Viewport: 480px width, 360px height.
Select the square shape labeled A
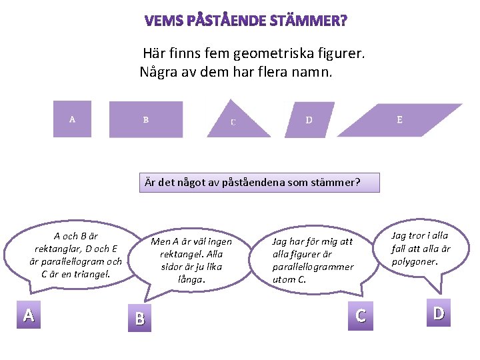pos(72,119)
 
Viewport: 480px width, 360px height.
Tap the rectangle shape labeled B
pos(146,119)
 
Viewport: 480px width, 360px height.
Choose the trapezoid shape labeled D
pos(309,120)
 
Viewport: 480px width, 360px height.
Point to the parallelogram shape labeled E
pos(399,120)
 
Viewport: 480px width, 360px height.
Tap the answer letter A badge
pos(28,315)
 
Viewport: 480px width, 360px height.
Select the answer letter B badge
pos(139,319)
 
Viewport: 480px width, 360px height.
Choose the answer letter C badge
pos(361,315)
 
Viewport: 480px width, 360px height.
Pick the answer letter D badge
pos(438,313)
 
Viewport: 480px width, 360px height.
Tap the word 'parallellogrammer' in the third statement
pos(313,267)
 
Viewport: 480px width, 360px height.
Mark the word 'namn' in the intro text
pos(309,72)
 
